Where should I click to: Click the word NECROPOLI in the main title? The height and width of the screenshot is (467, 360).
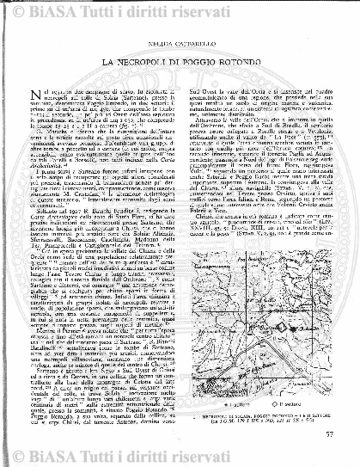coord(152,65)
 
